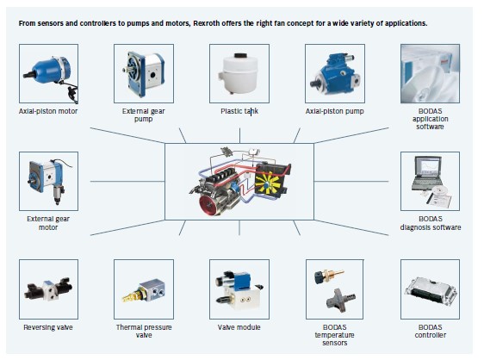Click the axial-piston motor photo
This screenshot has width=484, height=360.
pos(48,73)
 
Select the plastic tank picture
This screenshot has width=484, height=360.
pos(239,73)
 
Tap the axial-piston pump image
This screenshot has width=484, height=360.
pos(335,73)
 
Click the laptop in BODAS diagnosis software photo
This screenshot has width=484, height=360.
pos(427,173)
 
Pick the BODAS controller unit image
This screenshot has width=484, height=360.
pos(430,289)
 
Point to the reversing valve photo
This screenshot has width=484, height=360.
pos(48,289)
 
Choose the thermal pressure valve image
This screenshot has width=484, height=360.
pos(144,289)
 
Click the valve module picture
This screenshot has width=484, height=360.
pos(239,289)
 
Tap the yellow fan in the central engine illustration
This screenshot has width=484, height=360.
pos(268,183)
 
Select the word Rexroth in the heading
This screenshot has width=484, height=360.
pos(206,23)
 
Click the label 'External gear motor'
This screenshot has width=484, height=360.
pos(48,223)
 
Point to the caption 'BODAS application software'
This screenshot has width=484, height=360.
pos(430,119)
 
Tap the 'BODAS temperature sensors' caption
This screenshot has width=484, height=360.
pos(335,335)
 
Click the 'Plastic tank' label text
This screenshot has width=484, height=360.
pos(239,111)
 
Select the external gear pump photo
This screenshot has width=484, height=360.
pos(144,73)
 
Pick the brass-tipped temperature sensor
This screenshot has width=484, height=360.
pos(328,276)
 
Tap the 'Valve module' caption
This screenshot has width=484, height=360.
pos(239,327)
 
